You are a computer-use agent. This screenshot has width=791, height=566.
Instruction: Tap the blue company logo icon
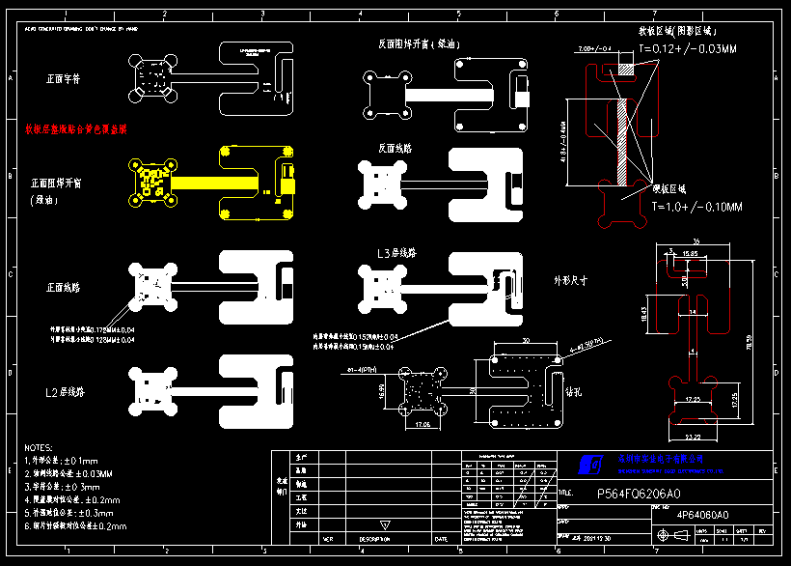[x=590, y=466]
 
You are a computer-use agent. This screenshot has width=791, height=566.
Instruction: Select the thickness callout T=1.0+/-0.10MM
[x=696, y=208]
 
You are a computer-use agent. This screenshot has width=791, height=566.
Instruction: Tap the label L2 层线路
[x=68, y=392]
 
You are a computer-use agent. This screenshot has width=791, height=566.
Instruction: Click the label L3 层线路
[x=404, y=254]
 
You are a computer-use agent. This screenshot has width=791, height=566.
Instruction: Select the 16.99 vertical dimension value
[x=381, y=390]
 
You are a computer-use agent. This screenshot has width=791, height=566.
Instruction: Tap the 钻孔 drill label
[x=572, y=391]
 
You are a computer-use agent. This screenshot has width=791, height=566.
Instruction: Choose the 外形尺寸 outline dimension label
[x=571, y=280]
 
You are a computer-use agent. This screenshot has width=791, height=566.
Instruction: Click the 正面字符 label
[x=64, y=78]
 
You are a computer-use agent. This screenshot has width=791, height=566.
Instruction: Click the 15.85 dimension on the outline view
[x=690, y=253]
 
